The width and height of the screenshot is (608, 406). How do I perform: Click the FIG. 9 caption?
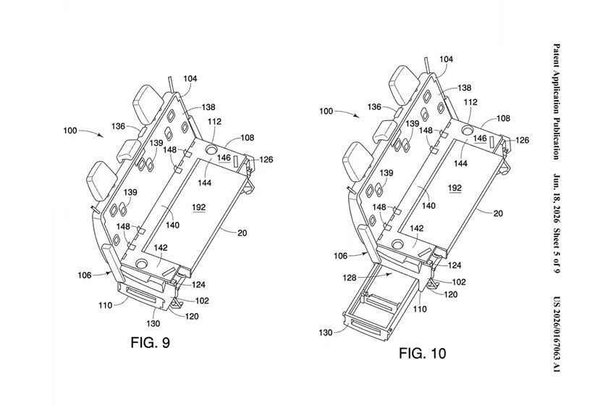tap(150, 343)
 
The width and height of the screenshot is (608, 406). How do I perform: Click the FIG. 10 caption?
tap(422, 353)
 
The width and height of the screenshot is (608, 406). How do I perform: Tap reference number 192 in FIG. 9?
tap(199, 207)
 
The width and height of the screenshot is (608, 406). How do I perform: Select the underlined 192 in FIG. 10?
tap(455, 188)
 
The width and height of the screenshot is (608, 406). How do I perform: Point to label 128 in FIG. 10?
tap(350, 278)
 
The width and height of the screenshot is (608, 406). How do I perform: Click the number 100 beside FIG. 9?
tap(70, 130)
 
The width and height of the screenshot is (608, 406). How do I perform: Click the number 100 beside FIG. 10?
tap(326, 111)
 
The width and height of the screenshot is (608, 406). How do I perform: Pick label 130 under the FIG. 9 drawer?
tap(153, 323)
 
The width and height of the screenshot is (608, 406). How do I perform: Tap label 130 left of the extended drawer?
tap(326, 333)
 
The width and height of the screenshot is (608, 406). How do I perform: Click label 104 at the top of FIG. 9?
tap(190, 78)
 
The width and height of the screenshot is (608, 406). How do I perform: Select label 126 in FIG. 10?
tap(522, 140)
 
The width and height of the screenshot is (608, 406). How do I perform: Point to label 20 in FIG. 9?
tap(242, 233)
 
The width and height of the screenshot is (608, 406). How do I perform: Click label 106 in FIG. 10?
tap(341, 256)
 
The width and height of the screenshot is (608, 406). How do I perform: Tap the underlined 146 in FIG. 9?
tap(224, 158)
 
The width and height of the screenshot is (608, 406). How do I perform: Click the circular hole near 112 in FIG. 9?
tap(211, 149)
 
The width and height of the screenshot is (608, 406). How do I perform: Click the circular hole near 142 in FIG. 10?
tap(397, 244)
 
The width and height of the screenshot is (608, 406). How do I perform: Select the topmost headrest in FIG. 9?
tap(148, 102)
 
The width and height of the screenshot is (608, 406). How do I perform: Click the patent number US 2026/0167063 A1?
tap(557, 334)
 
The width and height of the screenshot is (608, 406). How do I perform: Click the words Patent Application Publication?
tap(557, 101)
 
